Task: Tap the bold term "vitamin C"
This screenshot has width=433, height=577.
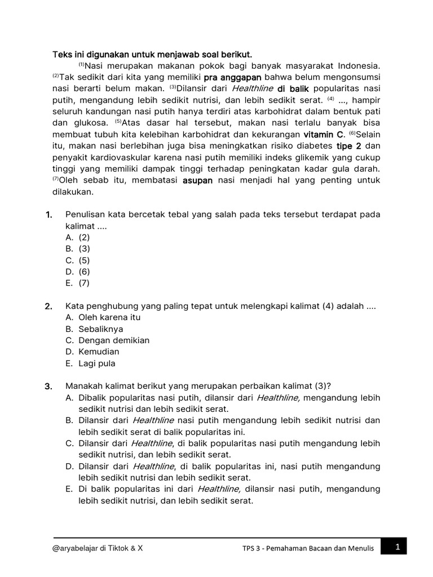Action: click(324, 135)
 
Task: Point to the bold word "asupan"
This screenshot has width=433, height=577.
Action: click(197, 181)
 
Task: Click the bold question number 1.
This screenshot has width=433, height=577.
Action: click(48, 215)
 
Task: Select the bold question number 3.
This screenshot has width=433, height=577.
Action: click(48, 386)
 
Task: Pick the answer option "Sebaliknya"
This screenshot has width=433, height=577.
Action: click(100, 329)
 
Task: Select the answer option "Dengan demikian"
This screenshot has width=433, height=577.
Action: click(114, 340)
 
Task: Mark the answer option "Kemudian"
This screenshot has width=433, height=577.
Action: click(99, 352)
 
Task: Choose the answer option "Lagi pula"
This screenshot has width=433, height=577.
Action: click(97, 363)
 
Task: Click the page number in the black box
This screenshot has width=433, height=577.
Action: click(397, 547)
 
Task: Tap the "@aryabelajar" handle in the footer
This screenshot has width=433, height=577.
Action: click(77, 547)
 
